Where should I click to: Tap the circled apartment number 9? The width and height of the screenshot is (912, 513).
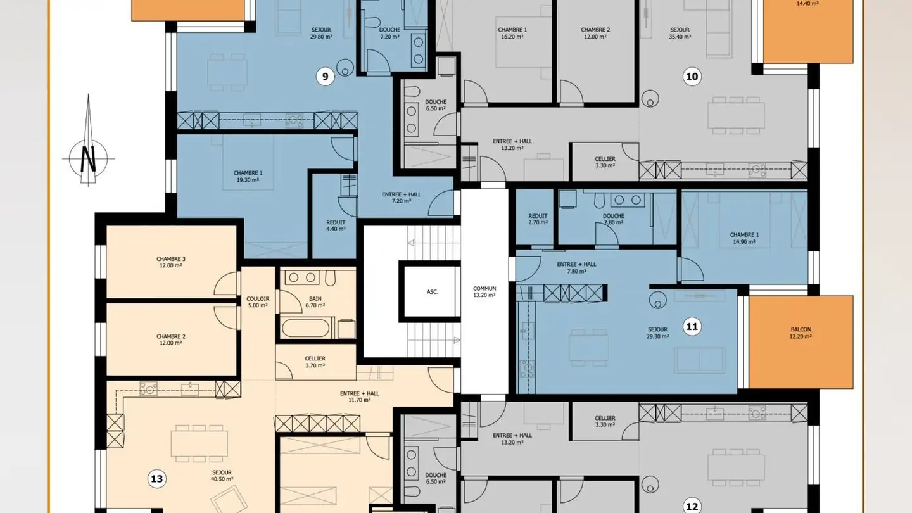point(326,77)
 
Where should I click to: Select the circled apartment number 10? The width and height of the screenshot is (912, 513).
point(692,77)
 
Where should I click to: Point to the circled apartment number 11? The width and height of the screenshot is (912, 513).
point(692,327)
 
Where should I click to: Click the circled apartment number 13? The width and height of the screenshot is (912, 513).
point(157,479)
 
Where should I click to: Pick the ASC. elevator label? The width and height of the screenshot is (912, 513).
point(433,292)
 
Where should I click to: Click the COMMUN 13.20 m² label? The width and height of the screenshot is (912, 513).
point(484,291)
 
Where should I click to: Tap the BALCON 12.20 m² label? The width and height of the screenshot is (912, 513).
point(801,332)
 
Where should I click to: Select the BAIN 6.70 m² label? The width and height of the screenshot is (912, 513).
point(315,301)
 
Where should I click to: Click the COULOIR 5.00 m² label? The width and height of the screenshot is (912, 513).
point(258,301)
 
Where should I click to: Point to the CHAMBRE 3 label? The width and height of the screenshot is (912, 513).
point(171,259)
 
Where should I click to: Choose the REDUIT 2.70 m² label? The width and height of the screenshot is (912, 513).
point(538,219)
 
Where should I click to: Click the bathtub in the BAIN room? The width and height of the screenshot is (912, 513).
point(306,328)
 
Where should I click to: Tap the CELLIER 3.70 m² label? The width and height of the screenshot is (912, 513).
point(315,362)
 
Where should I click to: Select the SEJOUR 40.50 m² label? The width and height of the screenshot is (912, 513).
point(222,476)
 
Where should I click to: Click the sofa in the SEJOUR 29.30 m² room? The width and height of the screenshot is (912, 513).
point(699,360)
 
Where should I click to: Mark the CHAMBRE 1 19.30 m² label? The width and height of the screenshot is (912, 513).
point(248,176)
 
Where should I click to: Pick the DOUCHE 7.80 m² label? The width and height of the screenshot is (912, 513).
point(614,219)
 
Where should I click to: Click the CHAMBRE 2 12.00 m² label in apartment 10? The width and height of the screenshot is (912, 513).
point(595,33)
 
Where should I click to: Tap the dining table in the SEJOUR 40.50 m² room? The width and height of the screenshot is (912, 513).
point(199,444)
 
